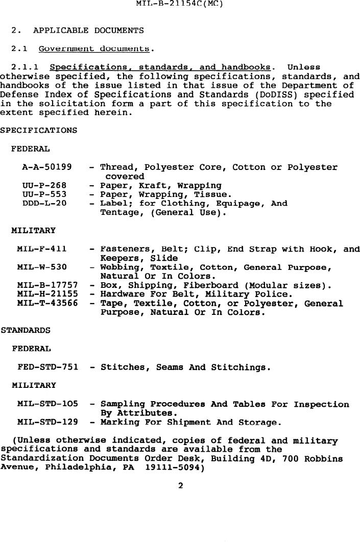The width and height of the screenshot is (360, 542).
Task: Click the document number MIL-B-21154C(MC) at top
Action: click(x=180, y=4)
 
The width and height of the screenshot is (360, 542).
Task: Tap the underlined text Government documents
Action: click(x=100, y=49)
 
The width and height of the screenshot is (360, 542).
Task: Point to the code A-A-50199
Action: click(x=47, y=167)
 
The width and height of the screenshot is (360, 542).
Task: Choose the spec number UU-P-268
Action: click(x=44, y=186)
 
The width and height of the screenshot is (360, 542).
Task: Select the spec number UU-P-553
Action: click(x=44, y=195)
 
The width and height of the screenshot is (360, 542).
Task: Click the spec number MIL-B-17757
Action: click(x=47, y=286)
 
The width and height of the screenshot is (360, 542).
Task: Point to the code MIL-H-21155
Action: click(x=47, y=294)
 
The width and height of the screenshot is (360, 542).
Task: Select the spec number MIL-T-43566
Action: click(x=47, y=304)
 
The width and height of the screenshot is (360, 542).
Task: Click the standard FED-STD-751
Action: click(x=47, y=367)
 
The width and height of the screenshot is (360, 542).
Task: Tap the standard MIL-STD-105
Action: click(x=47, y=404)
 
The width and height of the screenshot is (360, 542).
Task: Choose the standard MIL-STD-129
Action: click(x=47, y=423)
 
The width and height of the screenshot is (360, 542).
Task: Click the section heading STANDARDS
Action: click(x=26, y=331)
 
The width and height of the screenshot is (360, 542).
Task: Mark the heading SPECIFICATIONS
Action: click(x=39, y=131)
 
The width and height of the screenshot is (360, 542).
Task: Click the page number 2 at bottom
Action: click(x=180, y=486)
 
